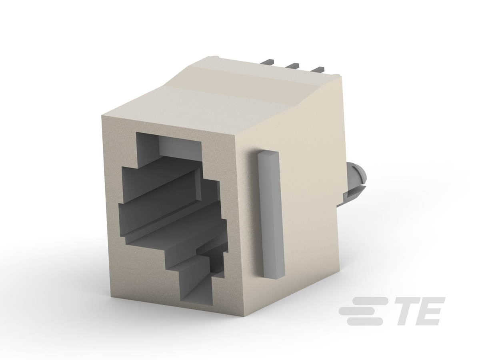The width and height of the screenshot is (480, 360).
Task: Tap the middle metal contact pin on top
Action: point(292,65)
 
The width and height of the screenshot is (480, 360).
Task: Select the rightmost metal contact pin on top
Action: point(318,70)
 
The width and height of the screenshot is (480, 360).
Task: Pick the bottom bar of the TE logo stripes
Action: point(365,322)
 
